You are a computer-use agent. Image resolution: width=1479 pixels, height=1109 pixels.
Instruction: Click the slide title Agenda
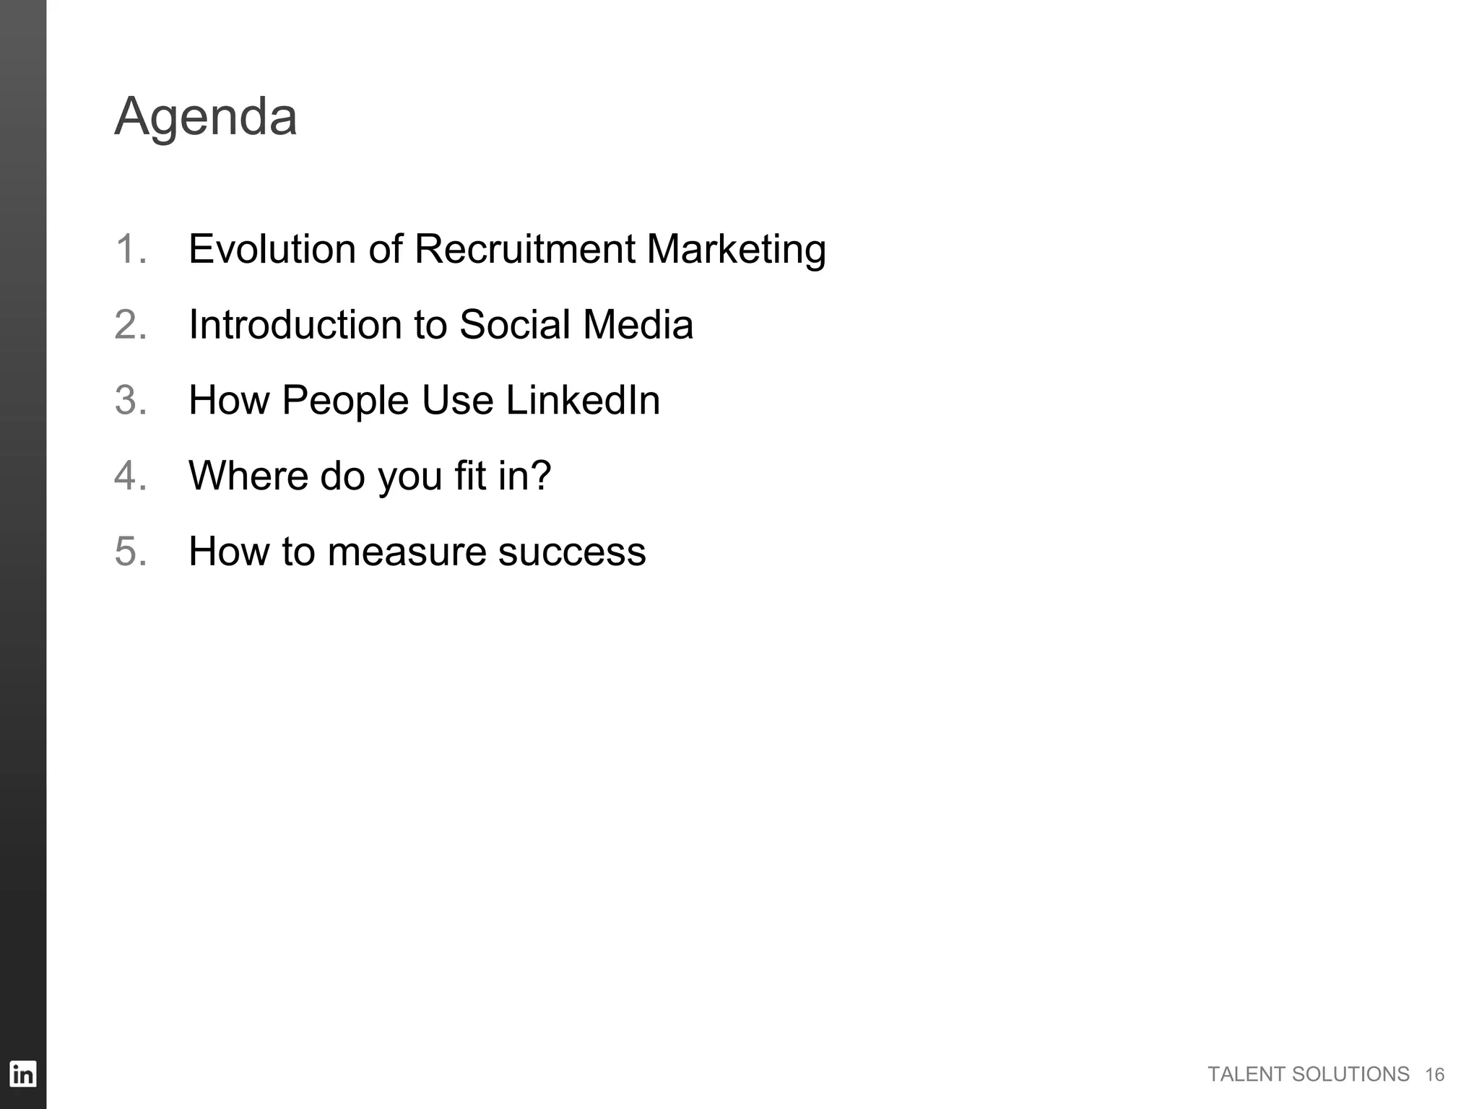pyautogui.click(x=206, y=118)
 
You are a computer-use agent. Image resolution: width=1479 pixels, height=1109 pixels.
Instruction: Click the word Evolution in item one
pyautogui.click(x=272, y=249)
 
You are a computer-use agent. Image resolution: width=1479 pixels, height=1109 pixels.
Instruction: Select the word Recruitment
pyautogui.click(x=524, y=249)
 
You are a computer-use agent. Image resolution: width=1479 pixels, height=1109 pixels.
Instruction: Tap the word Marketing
pyautogui.click(x=736, y=251)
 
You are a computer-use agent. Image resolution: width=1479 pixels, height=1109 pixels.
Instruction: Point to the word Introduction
pyautogui.click(x=295, y=324)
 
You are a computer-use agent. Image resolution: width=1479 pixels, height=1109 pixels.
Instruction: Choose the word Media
pyautogui.click(x=638, y=324)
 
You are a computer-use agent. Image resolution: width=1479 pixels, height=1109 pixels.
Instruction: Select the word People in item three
pyautogui.click(x=345, y=401)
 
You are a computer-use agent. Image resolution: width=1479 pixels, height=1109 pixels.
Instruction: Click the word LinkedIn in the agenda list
pyautogui.click(x=583, y=400)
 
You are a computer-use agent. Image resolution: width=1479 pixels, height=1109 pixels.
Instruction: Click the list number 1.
pyautogui.click(x=130, y=249)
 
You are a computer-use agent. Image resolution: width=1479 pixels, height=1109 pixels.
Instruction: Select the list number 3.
pyautogui.click(x=130, y=400)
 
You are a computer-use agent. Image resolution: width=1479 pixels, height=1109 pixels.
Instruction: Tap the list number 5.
pyautogui.click(x=130, y=552)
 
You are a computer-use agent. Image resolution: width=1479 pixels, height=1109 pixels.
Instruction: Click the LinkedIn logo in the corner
pyautogui.click(x=22, y=1074)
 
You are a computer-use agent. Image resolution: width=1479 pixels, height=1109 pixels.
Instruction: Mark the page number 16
pyautogui.click(x=1434, y=1075)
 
